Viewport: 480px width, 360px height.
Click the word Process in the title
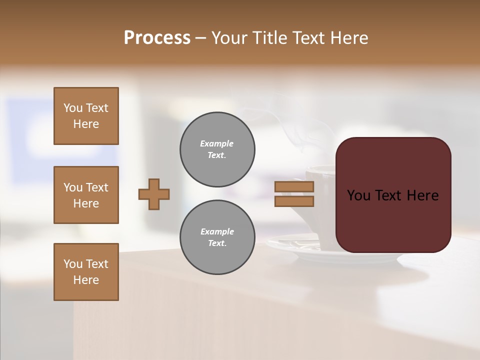(157, 38)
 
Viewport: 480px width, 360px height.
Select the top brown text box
(86, 116)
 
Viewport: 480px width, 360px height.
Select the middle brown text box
(86, 195)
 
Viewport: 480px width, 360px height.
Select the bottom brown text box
(86, 272)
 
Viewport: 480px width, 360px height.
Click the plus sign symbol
(154, 194)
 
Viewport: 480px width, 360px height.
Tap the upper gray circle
(217, 149)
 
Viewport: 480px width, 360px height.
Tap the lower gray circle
(217, 237)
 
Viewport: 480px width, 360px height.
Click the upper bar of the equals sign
(294, 186)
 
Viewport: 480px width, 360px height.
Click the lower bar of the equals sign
(294, 201)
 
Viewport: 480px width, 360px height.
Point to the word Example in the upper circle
(216, 143)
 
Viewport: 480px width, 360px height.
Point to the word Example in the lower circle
(217, 231)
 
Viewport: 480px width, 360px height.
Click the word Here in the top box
(86, 124)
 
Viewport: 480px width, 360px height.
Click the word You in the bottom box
(72, 264)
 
